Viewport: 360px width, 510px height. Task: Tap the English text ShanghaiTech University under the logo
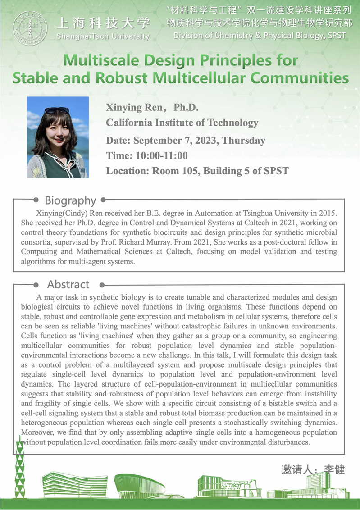point(103,36)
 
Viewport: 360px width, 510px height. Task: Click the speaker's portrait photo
point(58,137)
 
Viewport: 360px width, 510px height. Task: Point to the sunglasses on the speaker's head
point(57,110)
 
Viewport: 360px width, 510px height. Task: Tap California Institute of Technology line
point(182,123)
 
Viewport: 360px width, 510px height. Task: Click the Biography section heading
point(70,200)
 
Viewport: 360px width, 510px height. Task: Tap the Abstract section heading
point(68,284)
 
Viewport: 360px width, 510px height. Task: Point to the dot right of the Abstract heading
point(102,285)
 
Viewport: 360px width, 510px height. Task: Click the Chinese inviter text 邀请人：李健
point(313,469)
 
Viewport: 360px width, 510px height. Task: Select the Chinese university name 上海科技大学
point(103,23)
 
